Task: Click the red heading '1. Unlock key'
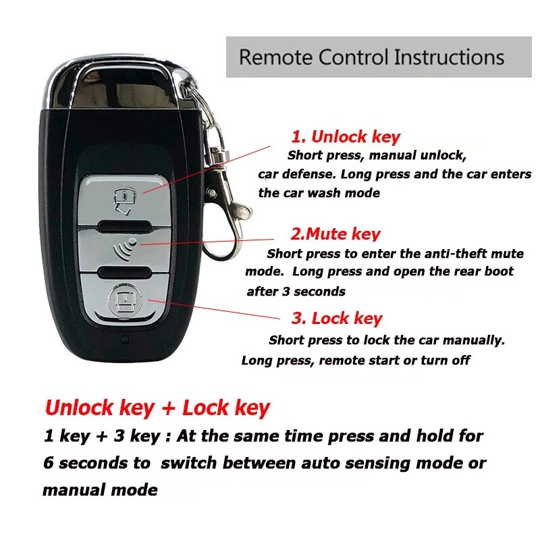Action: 346,137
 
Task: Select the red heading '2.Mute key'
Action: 335,234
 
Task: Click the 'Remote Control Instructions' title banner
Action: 371,57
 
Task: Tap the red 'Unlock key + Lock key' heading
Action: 157,408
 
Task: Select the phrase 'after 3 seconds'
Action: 296,292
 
